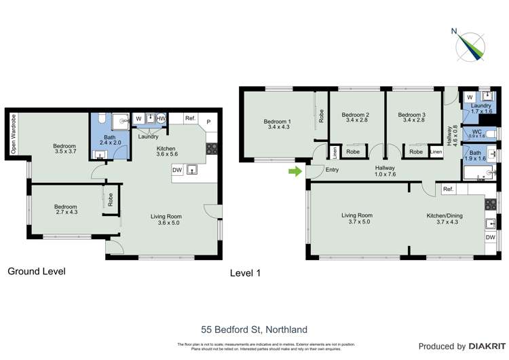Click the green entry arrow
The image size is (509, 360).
[x=295, y=171]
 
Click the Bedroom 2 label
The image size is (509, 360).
[x=355, y=118]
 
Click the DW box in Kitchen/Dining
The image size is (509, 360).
[x=490, y=237]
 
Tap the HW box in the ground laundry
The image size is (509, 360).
[x=161, y=119]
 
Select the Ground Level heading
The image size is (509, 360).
[x=37, y=271]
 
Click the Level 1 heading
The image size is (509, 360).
[x=245, y=273]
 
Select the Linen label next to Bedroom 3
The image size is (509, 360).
[x=436, y=152]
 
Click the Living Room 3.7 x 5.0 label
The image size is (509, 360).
[x=356, y=219]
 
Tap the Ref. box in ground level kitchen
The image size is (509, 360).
[x=190, y=119]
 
